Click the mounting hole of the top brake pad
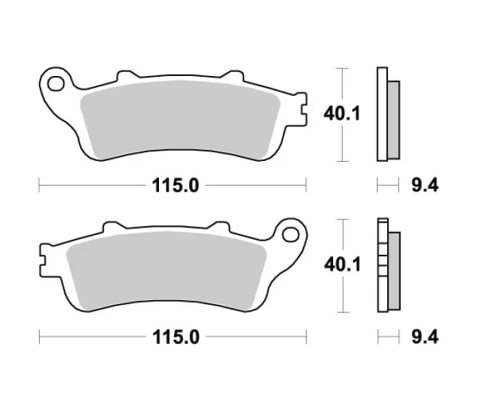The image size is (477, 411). (56, 84)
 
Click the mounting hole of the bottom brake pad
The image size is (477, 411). (291, 235)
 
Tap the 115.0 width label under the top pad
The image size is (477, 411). (175, 186)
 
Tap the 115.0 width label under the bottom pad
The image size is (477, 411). (176, 337)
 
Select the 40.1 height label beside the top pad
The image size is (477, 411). (341, 114)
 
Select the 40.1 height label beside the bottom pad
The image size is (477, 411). (342, 264)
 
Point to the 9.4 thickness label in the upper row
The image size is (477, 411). (425, 186)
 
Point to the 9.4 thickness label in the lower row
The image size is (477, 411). (425, 337)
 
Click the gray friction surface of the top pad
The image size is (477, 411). (180, 120)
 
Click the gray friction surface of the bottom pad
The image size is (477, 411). (167, 271)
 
